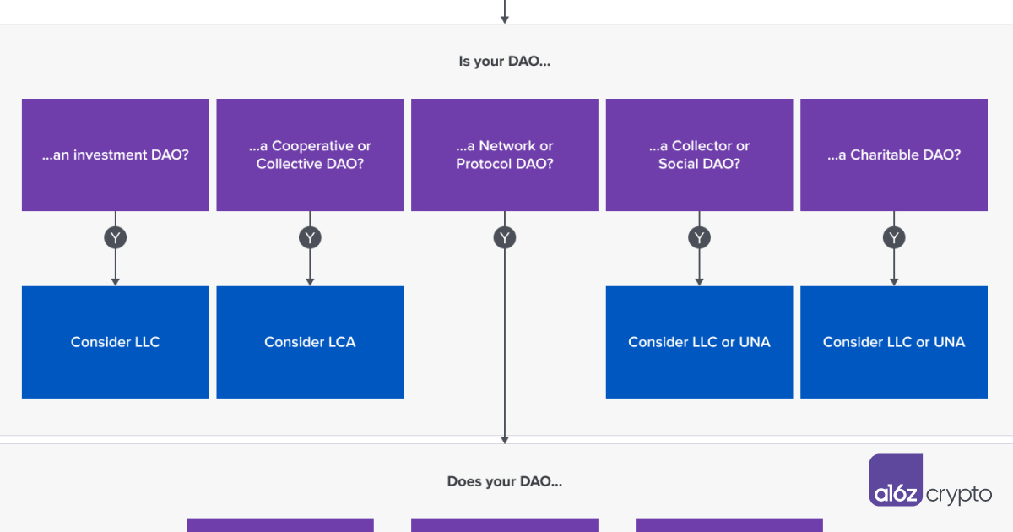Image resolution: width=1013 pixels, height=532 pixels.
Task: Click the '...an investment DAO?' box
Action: tap(116, 155)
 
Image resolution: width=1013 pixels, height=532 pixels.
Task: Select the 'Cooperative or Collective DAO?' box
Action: tap(310, 155)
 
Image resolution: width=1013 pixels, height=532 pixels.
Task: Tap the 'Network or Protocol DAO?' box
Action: tap(505, 155)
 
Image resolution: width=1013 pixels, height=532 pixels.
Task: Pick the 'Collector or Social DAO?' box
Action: tap(699, 155)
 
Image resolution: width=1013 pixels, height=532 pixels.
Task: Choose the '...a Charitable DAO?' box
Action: tap(894, 155)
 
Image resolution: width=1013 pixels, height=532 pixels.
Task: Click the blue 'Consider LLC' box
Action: tap(116, 342)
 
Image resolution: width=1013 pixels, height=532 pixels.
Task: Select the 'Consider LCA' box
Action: tap(310, 342)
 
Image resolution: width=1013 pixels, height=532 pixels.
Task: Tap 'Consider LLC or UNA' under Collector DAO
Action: tap(699, 342)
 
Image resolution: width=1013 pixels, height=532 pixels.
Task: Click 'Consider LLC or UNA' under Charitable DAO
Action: tap(894, 342)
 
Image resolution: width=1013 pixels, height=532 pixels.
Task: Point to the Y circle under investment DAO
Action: tap(116, 237)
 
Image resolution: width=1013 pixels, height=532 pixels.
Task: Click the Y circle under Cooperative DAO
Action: tap(310, 237)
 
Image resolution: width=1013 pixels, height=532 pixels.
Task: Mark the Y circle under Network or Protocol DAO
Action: tap(505, 237)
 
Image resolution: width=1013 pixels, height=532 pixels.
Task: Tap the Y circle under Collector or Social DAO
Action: tap(699, 237)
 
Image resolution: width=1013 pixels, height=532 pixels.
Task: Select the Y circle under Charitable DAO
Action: tap(894, 237)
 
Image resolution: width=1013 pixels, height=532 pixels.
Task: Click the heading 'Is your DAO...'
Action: tap(505, 61)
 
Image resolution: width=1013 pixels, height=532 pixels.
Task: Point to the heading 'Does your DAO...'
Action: tap(505, 481)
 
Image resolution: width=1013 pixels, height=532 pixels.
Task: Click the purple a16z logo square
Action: tap(896, 480)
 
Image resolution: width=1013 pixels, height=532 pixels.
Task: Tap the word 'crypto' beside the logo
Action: tap(959, 495)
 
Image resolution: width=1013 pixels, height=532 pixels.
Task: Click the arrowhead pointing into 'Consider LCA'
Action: tap(310, 282)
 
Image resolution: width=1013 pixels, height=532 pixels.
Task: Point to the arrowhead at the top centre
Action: tap(505, 20)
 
